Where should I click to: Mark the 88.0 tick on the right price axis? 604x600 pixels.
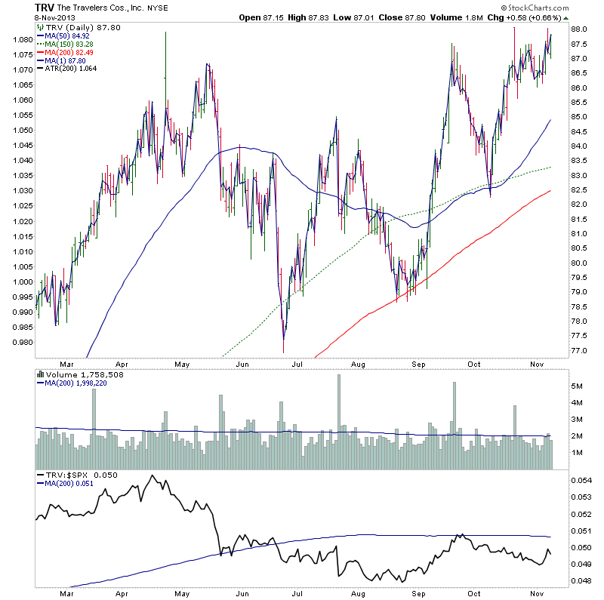coord(580,29)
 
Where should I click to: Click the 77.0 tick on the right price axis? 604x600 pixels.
coord(580,351)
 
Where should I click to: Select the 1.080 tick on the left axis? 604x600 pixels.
coord(23,38)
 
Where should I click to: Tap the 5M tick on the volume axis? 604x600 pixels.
coord(578,386)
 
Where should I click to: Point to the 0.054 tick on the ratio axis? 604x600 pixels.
coord(581,480)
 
